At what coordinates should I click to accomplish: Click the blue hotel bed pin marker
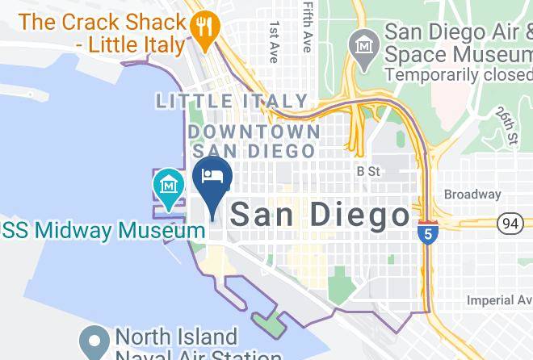pos(212,178)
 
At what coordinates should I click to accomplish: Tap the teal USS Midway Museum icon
pos(168,185)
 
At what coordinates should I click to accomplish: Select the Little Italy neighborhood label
pos(233,102)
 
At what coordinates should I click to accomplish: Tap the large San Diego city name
pos(320,215)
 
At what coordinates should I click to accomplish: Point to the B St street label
pos(367,171)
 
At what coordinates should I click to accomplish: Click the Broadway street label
pos(472,195)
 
